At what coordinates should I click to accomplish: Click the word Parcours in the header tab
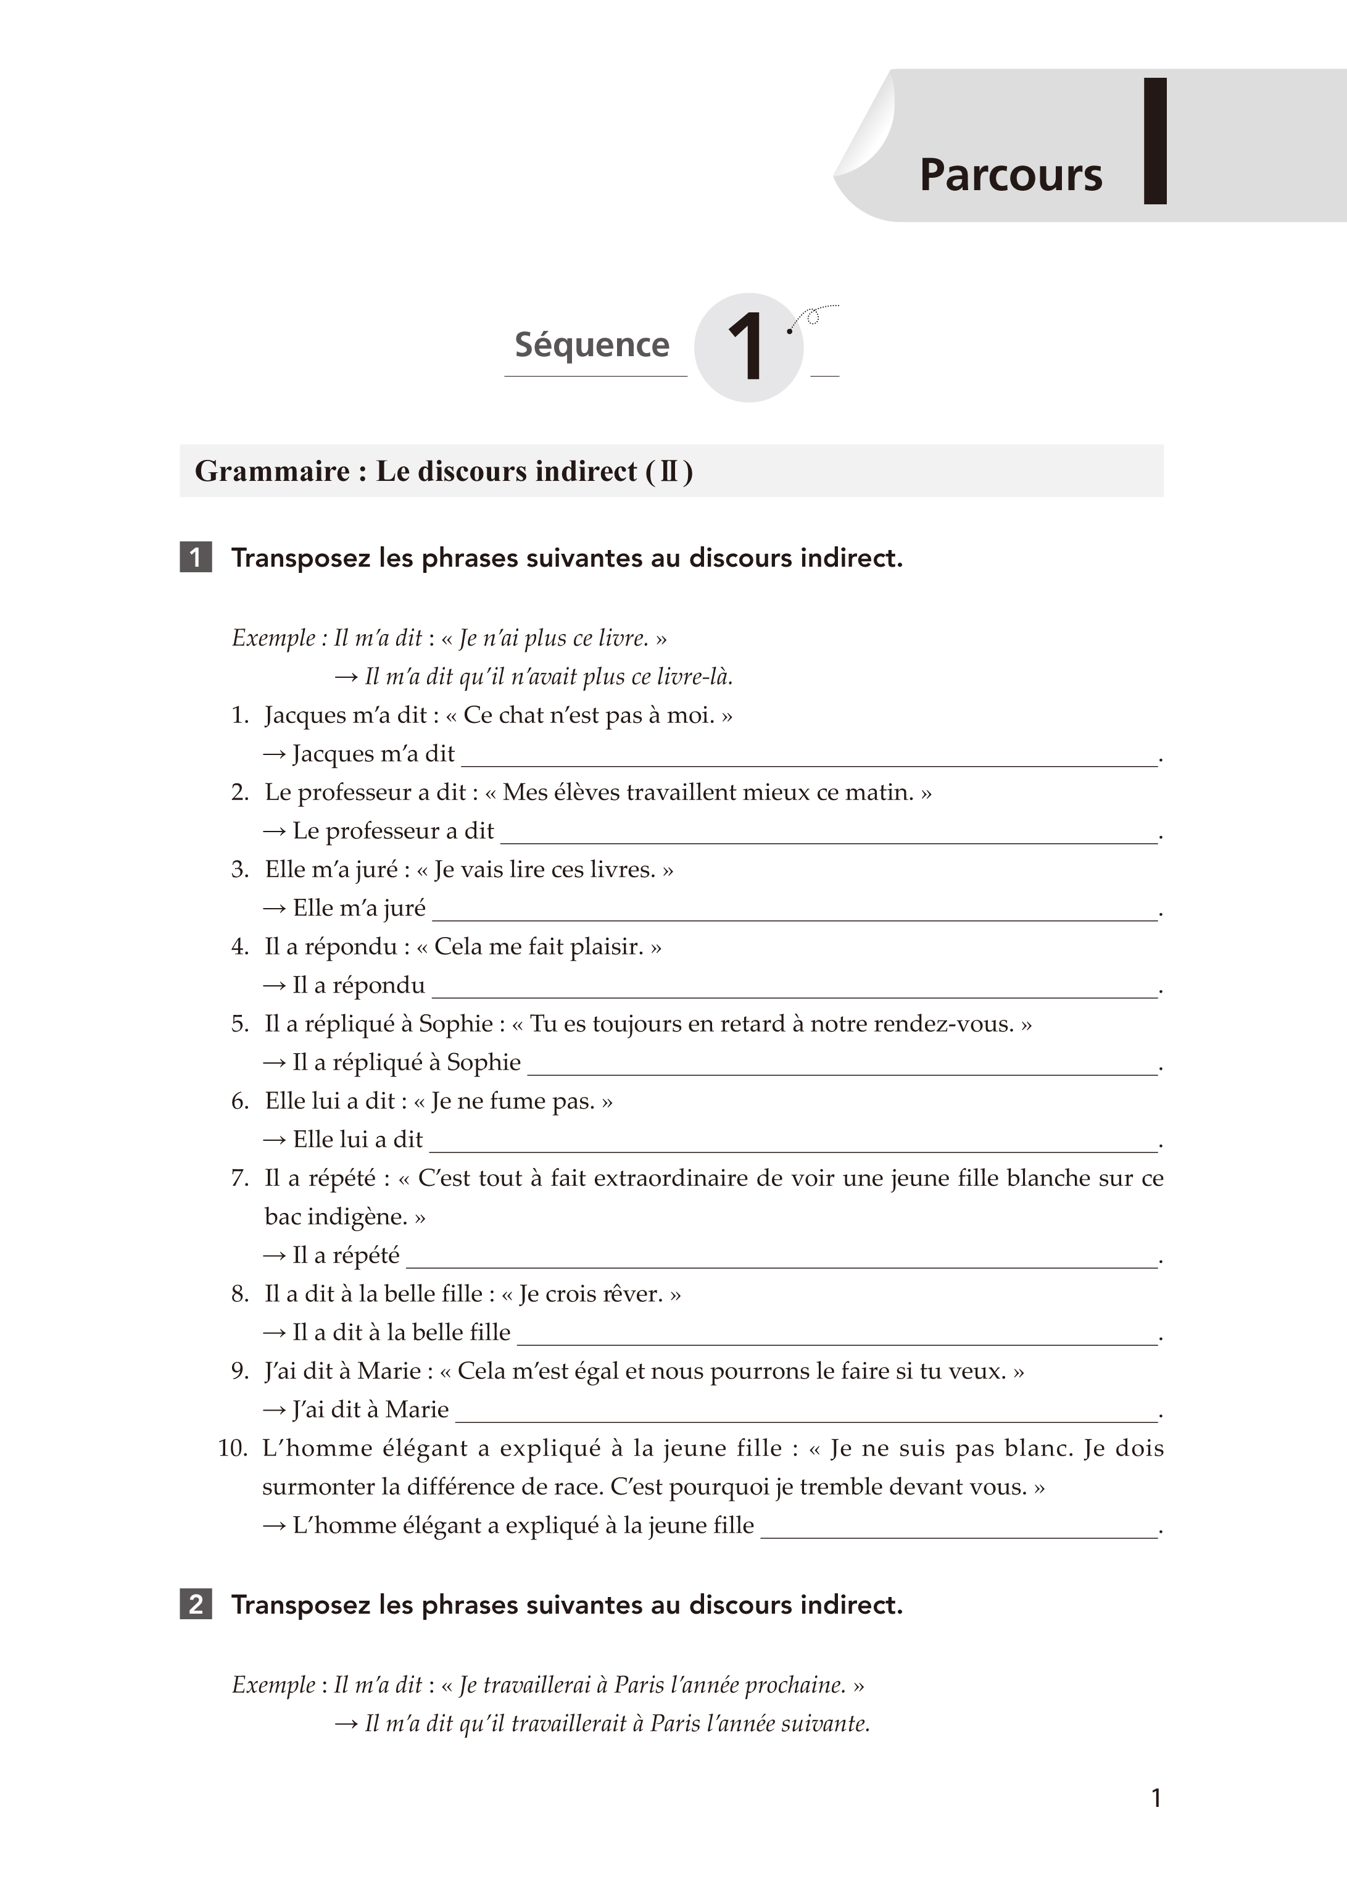click(1010, 175)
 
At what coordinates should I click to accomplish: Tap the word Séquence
click(591, 344)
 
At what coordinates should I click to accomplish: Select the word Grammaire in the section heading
click(272, 471)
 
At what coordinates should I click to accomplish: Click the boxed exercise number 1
click(196, 557)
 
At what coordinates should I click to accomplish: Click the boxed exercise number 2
click(196, 1604)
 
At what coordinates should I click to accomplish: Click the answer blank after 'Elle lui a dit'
click(792, 1141)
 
